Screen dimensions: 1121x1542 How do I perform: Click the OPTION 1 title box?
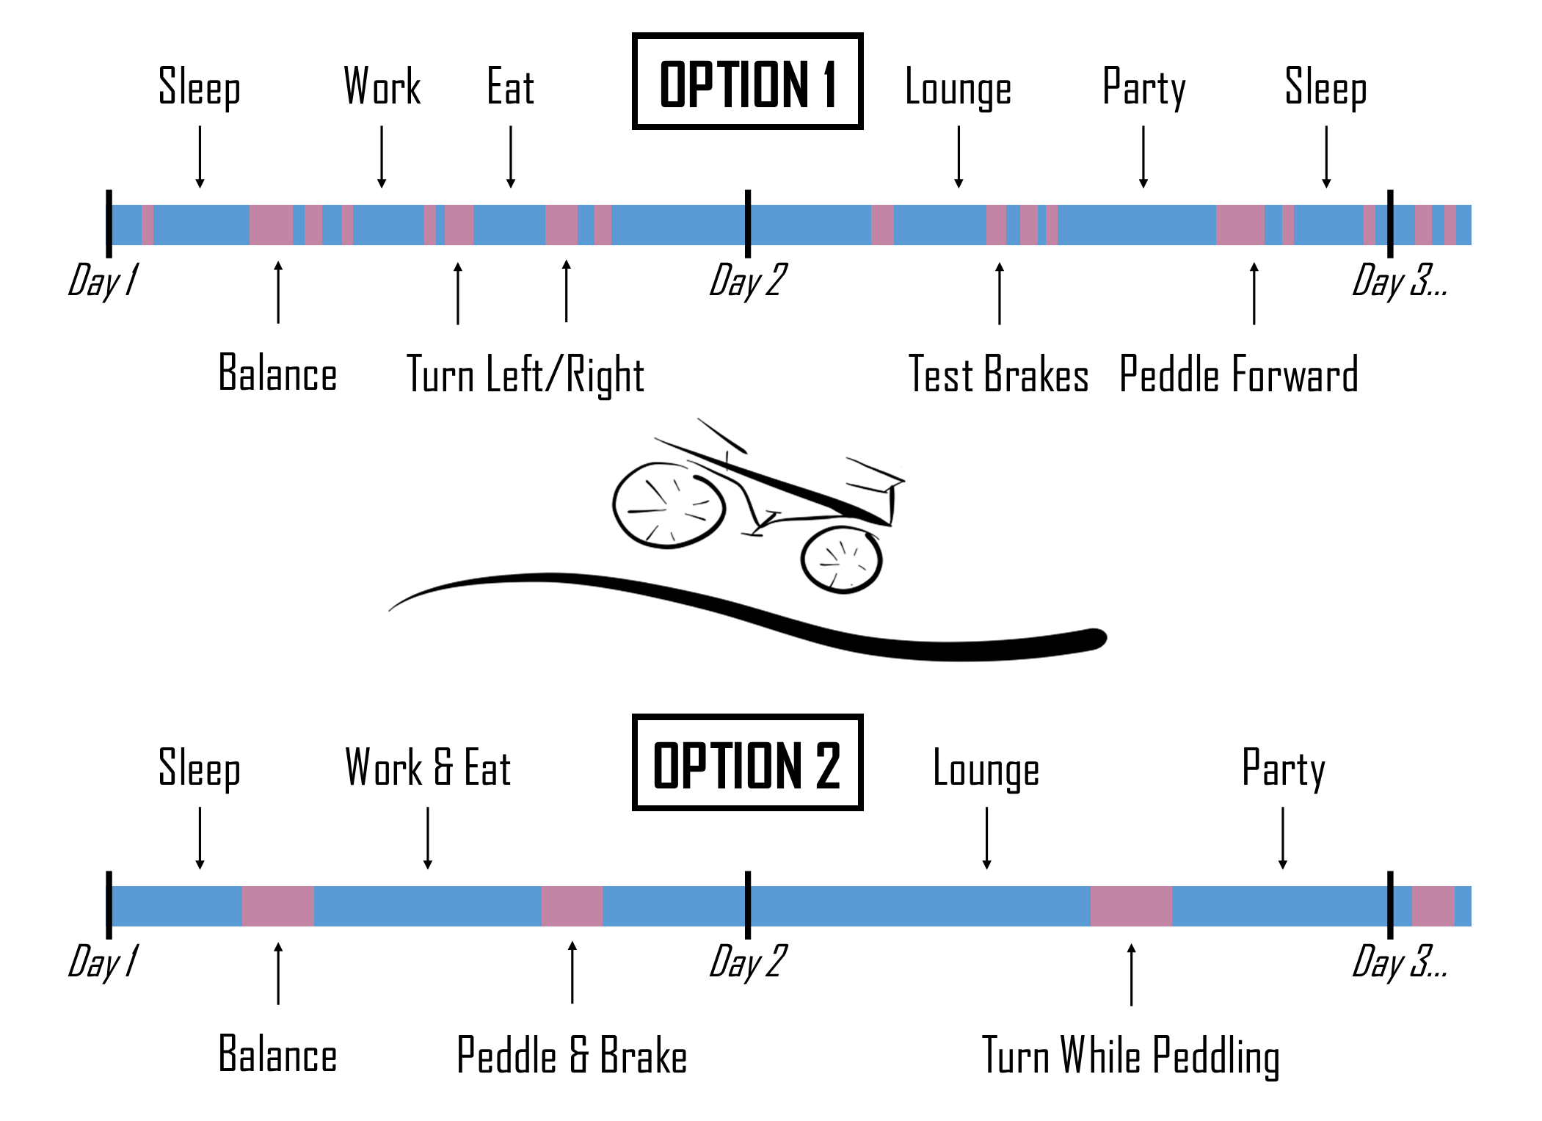747,81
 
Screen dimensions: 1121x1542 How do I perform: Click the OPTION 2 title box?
747,763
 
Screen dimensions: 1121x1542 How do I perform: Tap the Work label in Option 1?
382,87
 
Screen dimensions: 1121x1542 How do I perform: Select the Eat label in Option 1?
510,87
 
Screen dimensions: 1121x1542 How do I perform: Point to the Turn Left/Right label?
525,374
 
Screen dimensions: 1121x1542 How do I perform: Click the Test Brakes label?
998,374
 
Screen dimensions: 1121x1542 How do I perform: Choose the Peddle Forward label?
1239,374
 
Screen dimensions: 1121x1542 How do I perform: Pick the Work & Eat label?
428,768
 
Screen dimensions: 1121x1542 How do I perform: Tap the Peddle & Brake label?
572,1056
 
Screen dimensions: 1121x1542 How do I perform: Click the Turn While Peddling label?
1131,1056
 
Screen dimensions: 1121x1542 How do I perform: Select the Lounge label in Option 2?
986,769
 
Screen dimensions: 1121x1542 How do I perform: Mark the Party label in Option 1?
1143,88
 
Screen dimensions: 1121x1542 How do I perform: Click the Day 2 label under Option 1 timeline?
747,281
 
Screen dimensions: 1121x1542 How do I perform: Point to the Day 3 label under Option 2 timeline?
1399,962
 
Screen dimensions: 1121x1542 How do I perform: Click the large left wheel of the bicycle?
669,505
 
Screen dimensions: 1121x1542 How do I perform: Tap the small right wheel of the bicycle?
841,559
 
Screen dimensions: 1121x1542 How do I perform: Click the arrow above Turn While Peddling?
1131,974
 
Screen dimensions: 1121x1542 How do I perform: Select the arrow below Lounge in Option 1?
959,157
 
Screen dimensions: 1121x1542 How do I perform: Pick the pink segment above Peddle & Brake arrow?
572,906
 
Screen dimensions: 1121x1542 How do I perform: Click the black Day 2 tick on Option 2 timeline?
747,905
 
